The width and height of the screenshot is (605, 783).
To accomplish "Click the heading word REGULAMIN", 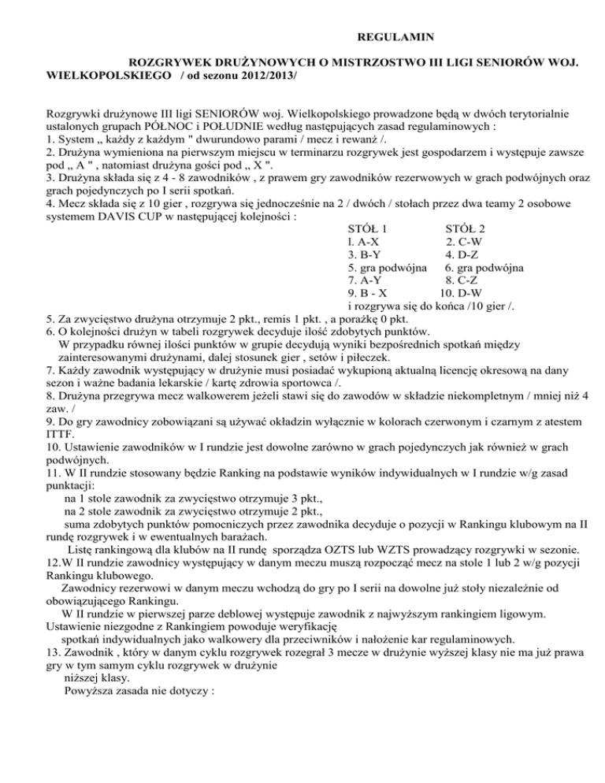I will click(x=391, y=37).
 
